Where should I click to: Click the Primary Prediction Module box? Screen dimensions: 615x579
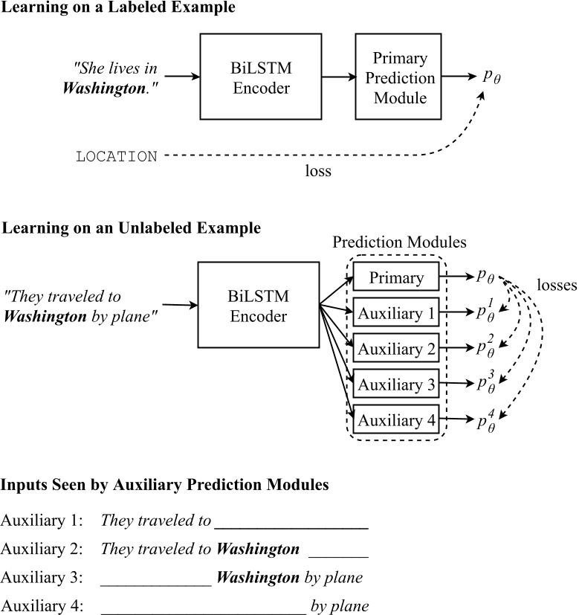point(395,77)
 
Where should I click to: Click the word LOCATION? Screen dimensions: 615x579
point(117,157)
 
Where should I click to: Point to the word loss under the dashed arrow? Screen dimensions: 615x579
point(318,170)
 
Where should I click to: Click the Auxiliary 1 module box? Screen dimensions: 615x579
point(396,313)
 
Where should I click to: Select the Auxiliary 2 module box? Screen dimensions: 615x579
point(396,349)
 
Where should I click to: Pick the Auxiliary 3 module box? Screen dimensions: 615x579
point(396,384)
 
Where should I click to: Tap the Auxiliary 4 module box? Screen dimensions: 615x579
point(396,420)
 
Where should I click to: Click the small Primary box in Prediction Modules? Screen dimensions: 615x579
point(396,277)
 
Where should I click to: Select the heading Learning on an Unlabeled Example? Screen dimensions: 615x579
point(132,228)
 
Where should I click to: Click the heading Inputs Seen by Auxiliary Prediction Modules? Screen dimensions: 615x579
point(164,485)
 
